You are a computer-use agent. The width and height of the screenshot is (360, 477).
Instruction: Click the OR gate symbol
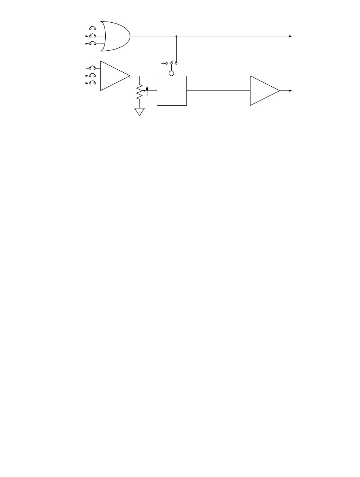(116, 36)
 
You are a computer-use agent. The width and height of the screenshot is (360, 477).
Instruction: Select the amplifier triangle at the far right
(263, 91)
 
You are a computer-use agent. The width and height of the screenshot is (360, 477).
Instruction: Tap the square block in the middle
(172, 91)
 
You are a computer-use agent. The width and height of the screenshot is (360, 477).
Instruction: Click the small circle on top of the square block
(172, 73)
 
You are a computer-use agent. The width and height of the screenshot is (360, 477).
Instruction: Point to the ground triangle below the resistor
(140, 112)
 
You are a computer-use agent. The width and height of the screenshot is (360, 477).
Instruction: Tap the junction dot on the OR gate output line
(177, 36)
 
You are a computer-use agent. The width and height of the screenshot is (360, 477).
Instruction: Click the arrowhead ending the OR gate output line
(290, 36)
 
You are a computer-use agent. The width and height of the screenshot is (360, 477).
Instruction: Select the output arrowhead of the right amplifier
(290, 91)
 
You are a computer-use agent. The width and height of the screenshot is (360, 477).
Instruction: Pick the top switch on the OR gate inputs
(92, 28)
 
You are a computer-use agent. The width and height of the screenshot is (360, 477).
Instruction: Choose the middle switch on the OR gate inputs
(92, 36)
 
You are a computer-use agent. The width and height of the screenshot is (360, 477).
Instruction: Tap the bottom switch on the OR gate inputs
(92, 44)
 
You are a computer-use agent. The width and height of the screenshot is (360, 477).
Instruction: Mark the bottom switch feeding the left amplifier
(92, 83)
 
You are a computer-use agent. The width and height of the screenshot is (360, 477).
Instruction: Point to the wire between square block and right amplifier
(218, 91)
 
